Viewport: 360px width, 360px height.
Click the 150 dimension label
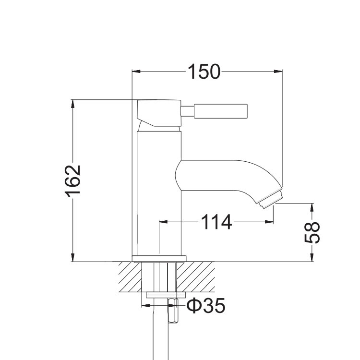coord(203,72)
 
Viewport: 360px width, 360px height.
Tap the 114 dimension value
coord(216,222)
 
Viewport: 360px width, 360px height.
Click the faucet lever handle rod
coord(221,111)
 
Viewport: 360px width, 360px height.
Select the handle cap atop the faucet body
coord(158,113)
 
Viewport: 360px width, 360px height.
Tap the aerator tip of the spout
coord(270,199)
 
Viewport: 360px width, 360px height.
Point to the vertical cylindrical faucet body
coord(158,192)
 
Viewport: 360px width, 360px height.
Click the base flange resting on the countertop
coord(158,258)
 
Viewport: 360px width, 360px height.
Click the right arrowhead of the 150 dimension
coord(278,72)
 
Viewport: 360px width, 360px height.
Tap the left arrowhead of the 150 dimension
coord(136,72)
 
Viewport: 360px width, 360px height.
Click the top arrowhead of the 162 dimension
coord(73,104)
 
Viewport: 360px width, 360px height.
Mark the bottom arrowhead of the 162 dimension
coord(73,258)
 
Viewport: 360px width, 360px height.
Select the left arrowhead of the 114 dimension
coord(163,222)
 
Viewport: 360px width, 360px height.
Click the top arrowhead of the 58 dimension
coord(312,207)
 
